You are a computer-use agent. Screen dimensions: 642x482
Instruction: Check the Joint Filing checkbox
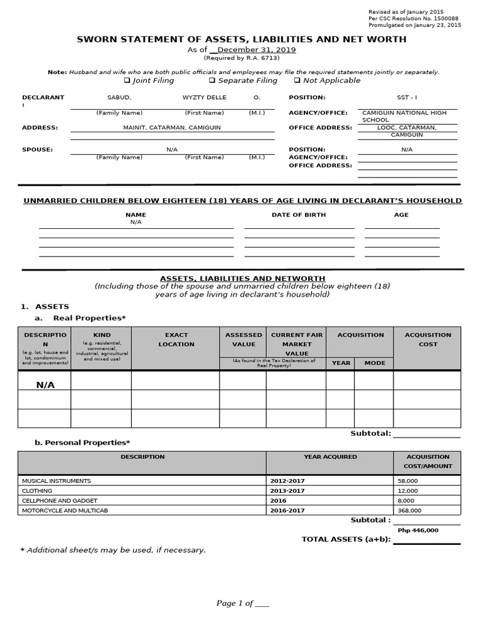(x=127, y=81)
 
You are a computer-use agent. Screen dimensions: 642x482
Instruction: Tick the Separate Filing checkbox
(x=212, y=81)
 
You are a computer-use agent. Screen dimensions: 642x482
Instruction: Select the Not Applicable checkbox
(x=297, y=81)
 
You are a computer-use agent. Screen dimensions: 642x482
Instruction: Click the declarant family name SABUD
(x=119, y=98)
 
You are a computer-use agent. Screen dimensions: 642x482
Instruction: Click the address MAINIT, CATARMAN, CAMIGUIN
(x=172, y=128)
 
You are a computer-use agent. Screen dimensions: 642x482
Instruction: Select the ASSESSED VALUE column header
(x=243, y=339)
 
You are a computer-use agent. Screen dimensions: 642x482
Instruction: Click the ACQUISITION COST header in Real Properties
(x=428, y=339)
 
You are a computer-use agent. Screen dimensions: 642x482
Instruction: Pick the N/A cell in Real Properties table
(x=45, y=385)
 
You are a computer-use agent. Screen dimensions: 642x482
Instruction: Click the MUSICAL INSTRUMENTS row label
(x=56, y=481)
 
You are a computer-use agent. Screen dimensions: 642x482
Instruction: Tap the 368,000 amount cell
(x=409, y=511)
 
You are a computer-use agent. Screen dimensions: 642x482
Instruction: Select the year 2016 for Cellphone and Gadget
(x=278, y=501)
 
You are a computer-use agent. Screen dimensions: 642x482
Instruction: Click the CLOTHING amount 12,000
(x=408, y=491)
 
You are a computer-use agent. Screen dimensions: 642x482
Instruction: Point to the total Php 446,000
(x=418, y=530)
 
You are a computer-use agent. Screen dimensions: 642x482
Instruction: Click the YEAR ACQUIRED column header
(x=330, y=457)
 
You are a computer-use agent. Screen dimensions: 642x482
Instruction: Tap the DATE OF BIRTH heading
(x=298, y=215)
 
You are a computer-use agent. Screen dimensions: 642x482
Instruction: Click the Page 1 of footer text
(x=242, y=603)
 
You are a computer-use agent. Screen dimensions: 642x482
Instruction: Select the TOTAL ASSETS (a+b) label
(x=346, y=539)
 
